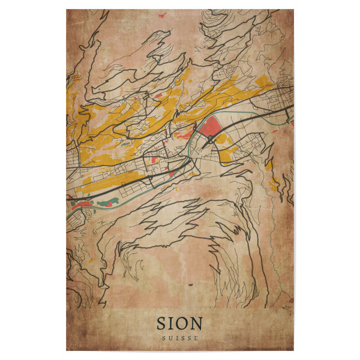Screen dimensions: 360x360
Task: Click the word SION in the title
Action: coord(179,323)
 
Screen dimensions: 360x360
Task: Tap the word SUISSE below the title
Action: coord(179,338)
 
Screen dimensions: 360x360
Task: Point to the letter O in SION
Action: coord(183,323)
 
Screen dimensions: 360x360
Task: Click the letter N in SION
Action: coord(196,323)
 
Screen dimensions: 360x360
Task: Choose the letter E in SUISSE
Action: coord(196,338)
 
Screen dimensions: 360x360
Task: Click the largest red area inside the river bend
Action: coord(210,127)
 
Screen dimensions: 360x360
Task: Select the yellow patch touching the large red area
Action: coord(221,138)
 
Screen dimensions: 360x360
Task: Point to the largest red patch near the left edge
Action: coord(83,205)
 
